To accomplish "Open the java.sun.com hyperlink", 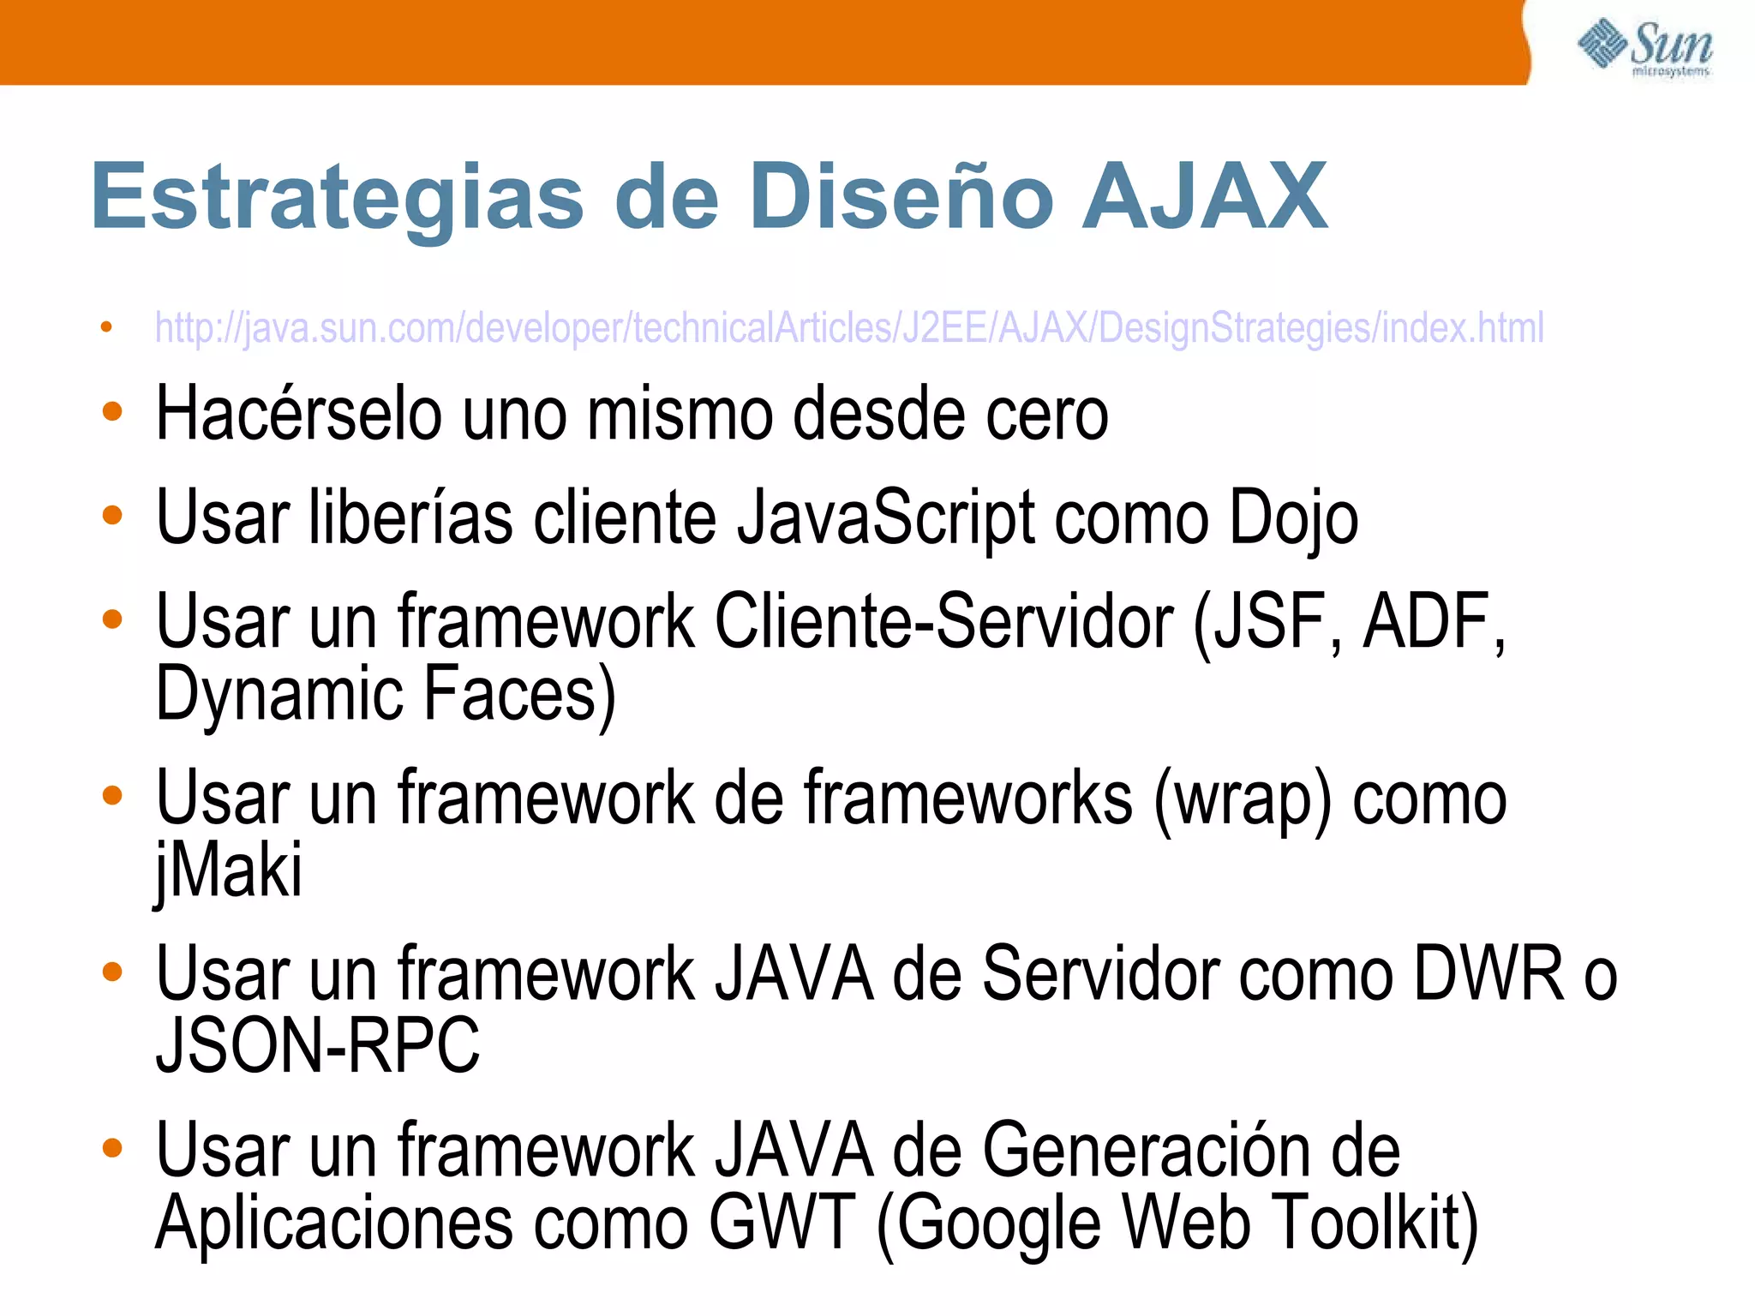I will [848, 328].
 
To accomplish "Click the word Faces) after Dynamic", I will [519, 694].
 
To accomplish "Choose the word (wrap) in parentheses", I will [1243, 799].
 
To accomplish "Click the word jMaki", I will [228, 870].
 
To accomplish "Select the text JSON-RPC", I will [317, 1046].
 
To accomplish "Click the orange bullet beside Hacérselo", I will [112, 412].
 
